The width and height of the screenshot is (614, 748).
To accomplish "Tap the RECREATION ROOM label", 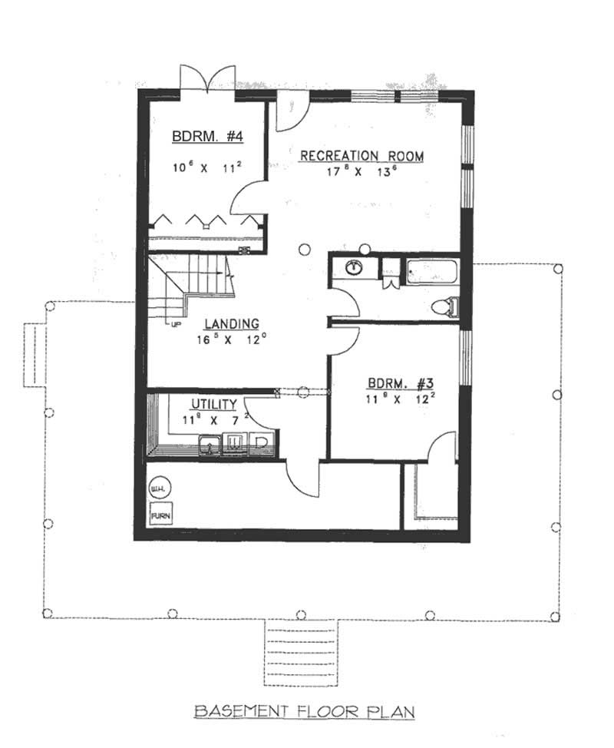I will pos(361,156).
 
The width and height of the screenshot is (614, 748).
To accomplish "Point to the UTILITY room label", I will pos(212,405).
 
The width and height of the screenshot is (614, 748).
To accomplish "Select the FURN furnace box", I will pos(160,515).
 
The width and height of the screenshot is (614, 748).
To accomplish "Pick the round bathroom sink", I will pos(355,268).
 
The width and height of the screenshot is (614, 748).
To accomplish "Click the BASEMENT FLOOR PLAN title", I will pos(304,711).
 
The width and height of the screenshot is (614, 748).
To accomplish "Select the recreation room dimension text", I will pos(361,173).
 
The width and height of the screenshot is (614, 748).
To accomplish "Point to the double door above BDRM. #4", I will pos(206,79).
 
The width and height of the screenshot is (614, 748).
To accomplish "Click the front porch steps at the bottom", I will pos(296,642).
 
